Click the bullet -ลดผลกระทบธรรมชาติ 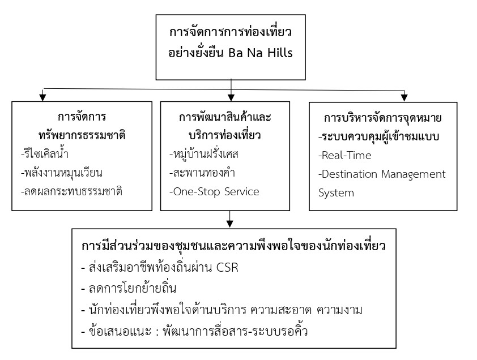[71, 191]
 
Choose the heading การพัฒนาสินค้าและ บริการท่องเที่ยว [225, 127]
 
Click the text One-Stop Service [217, 191]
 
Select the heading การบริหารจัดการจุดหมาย [382, 118]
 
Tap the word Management [416, 173]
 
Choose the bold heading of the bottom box [233, 247]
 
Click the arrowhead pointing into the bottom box [229, 221]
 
